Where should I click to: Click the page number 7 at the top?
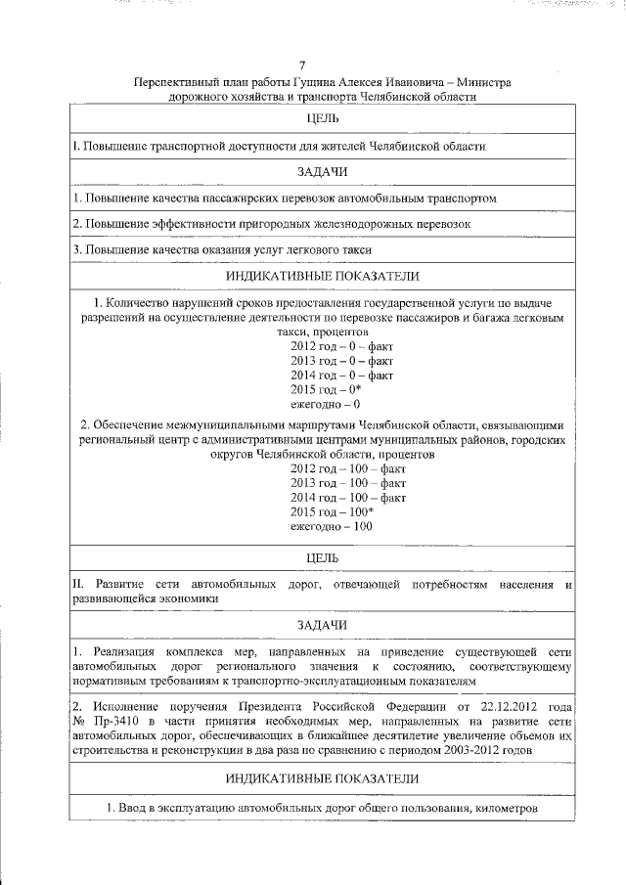click(314, 66)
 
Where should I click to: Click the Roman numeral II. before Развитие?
click(79, 585)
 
